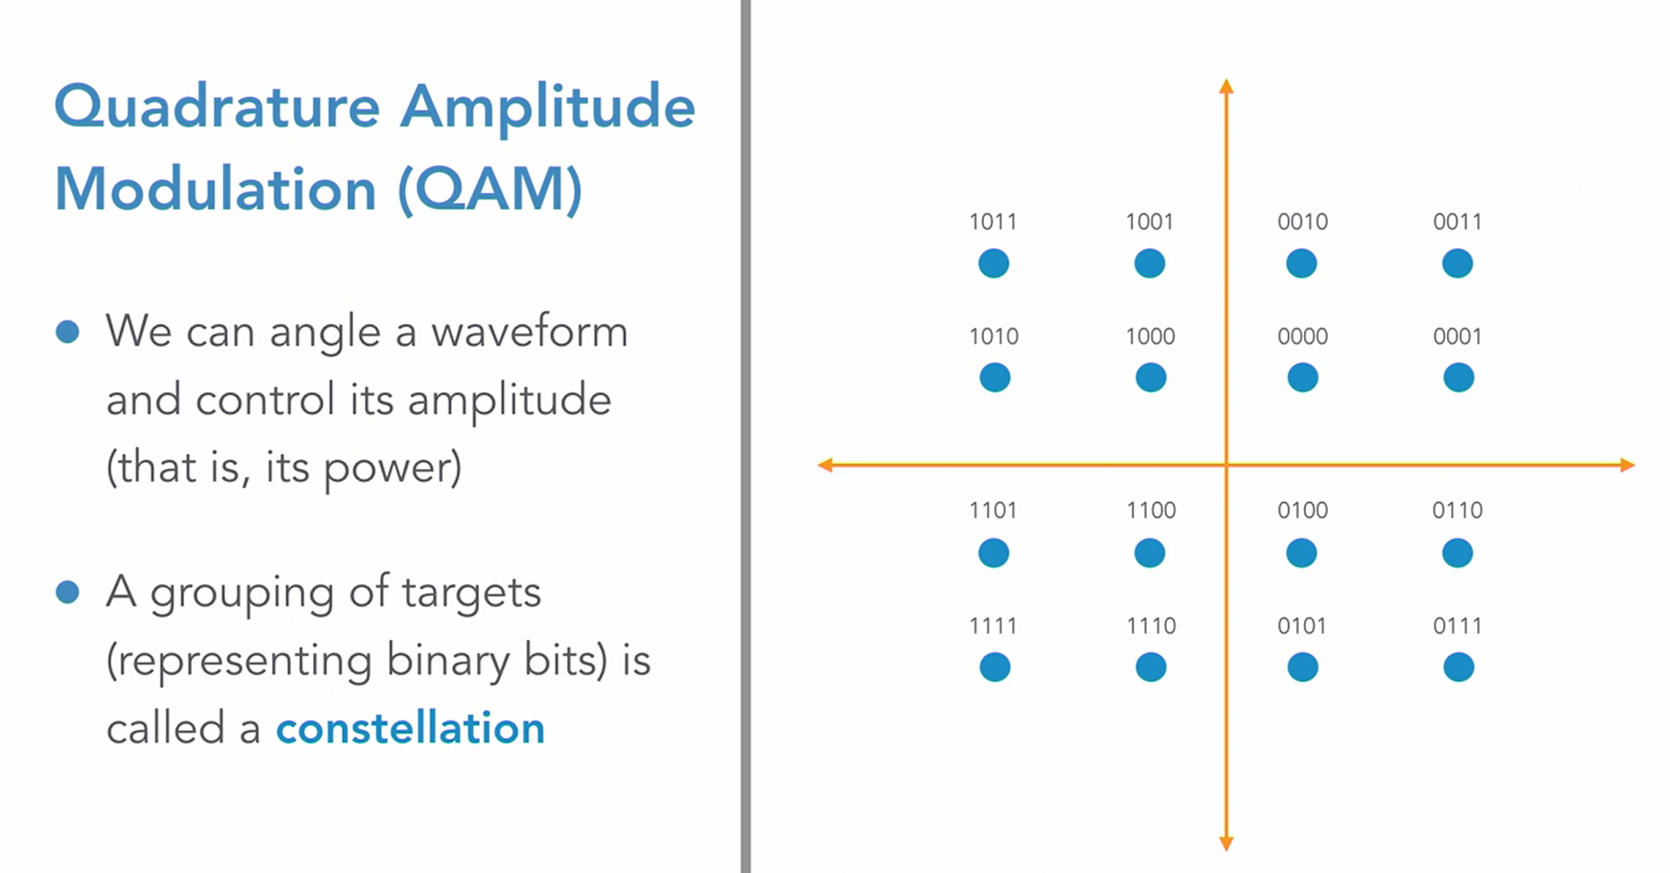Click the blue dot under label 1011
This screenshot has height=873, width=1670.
click(x=993, y=264)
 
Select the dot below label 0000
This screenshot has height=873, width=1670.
click(x=1302, y=378)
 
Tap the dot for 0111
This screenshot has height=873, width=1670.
click(x=1458, y=667)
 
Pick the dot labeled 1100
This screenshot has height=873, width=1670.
click(x=1149, y=553)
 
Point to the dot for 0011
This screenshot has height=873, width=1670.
click(x=1457, y=264)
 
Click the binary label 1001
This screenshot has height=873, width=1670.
click(x=1149, y=221)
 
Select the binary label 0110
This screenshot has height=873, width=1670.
click(x=1457, y=510)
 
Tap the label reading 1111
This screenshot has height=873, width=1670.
click(x=993, y=625)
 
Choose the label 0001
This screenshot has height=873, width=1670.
click(x=1457, y=336)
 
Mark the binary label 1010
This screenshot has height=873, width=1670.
click(x=993, y=336)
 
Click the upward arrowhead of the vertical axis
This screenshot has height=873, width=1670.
click(x=1226, y=86)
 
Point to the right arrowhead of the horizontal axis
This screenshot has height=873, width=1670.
click(x=1627, y=465)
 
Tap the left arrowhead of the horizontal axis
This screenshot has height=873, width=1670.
click(x=825, y=465)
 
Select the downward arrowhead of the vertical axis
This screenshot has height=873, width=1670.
click(x=1226, y=844)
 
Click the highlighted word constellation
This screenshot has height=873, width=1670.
click(x=410, y=728)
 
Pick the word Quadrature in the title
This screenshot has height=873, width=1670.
click(x=217, y=107)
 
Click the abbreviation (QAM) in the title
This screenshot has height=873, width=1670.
click(x=490, y=189)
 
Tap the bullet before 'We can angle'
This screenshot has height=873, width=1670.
click(x=67, y=331)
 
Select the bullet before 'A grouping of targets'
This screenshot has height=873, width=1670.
click(x=67, y=593)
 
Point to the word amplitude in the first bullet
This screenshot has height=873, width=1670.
click(x=509, y=401)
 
